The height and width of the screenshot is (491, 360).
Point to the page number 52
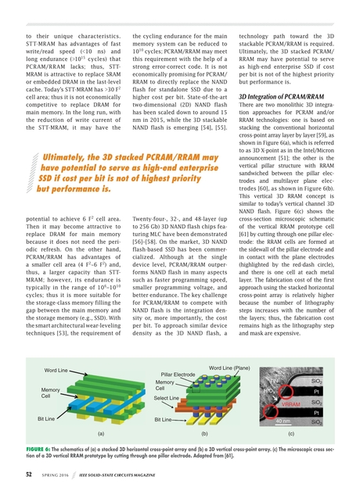coord(28,475)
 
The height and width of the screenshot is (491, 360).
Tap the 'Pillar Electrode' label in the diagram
coord(178,375)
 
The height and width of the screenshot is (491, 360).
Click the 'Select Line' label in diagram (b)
coord(166,399)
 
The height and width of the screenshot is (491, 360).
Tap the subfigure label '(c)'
coord(290,432)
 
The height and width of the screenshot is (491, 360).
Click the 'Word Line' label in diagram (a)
coord(57,369)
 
